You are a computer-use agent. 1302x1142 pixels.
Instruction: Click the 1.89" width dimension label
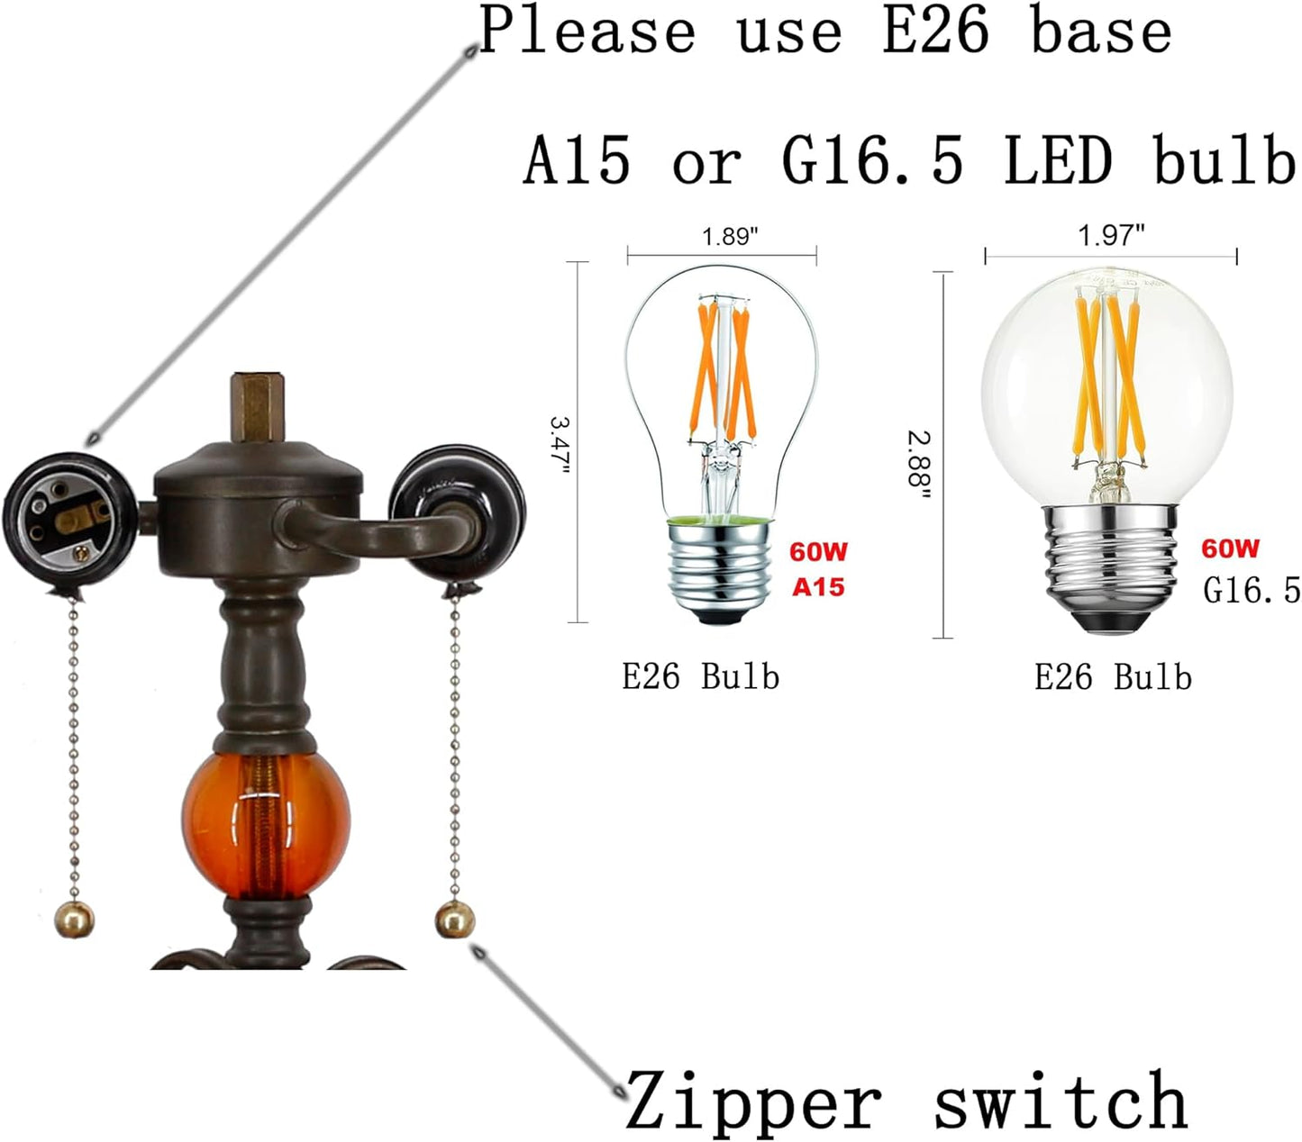730,236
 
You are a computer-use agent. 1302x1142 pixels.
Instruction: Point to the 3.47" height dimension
560,447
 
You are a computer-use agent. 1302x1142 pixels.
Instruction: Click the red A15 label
818,587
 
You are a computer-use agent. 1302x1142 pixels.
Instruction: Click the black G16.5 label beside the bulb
1252,590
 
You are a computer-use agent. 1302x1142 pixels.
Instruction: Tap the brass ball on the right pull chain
455,920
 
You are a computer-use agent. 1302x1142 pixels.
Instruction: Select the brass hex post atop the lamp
257,407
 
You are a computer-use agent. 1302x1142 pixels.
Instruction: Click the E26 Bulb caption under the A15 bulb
701,677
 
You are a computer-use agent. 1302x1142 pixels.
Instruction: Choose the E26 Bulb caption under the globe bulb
1113,677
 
